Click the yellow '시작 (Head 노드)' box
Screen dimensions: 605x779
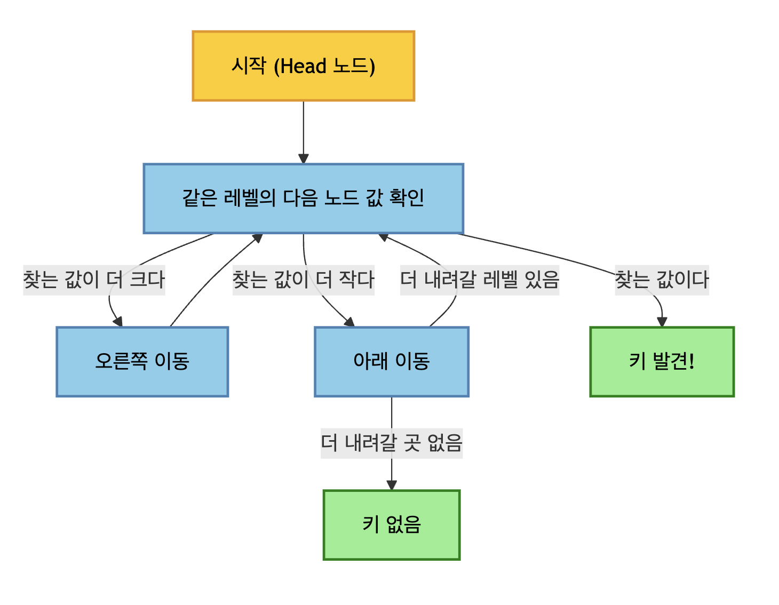(x=303, y=66)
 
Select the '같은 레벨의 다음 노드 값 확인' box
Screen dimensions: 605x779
(x=303, y=198)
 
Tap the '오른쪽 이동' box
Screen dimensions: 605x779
(x=142, y=361)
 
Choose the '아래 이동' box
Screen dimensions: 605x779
(x=391, y=361)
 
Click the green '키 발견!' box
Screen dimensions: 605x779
(x=662, y=361)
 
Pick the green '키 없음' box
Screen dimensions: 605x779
(x=391, y=524)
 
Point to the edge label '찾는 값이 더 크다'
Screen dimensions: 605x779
(x=94, y=280)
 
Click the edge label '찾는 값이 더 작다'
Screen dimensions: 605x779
(x=303, y=280)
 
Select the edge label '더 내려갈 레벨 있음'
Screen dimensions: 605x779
(x=480, y=280)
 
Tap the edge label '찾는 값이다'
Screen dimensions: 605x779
(x=662, y=280)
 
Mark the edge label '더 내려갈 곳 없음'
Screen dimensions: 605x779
(x=391, y=443)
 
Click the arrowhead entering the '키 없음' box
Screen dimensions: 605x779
(x=392, y=485)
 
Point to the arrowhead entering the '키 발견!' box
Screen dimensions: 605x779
(x=662, y=322)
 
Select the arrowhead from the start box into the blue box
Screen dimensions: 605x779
(x=304, y=158)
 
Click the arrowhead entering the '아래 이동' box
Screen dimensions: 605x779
(x=349, y=321)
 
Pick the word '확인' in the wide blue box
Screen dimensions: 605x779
(x=407, y=198)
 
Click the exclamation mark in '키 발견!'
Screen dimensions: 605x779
(x=691, y=361)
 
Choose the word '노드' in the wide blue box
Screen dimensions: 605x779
(x=341, y=198)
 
